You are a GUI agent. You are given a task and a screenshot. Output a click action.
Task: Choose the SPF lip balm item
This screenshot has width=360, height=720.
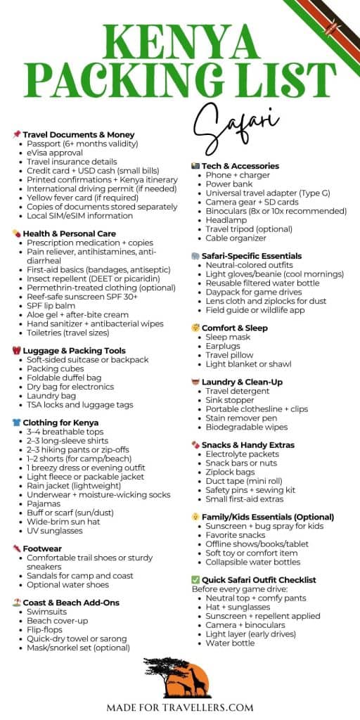[x=56, y=297]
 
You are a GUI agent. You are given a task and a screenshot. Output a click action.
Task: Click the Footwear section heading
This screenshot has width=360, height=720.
[x=42, y=548]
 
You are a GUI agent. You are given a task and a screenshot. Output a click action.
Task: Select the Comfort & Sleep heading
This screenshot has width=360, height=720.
[x=237, y=328]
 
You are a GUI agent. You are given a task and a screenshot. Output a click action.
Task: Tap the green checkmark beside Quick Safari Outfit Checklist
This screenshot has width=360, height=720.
[x=196, y=579]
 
